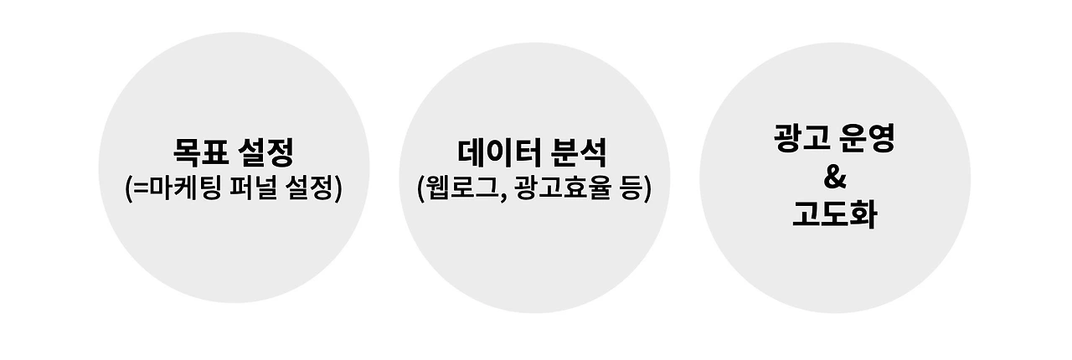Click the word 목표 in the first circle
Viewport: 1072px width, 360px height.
click(198, 153)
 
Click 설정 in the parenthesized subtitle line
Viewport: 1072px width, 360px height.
click(309, 188)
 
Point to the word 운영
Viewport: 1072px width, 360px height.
click(868, 139)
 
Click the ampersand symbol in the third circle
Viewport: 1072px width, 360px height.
click(834, 177)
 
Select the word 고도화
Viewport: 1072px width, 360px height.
click(834, 215)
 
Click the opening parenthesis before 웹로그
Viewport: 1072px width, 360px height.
click(421, 188)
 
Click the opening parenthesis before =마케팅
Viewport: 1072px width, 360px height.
click(128, 188)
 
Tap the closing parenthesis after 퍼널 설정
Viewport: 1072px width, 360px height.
click(338, 188)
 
